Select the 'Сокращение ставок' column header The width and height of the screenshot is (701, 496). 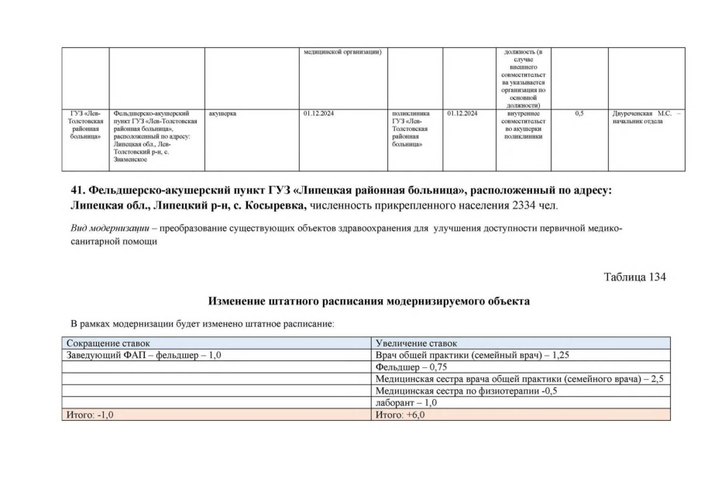pyautogui.click(x=108, y=343)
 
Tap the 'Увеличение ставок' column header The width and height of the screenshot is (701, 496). pyautogui.click(x=416, y=343)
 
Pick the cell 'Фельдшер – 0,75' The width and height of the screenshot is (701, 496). pyautogui.click(x=411, y=367)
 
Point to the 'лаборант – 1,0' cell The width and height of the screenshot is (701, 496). pyautogui.click(x=406, y=403)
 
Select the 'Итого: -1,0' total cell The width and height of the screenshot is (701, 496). pyautogui.click(x=90, y=415)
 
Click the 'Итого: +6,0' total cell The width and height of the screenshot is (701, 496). pyautogui.click(x=400, y=415)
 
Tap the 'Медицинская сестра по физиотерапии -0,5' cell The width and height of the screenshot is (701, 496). pyautogui.click(x=466, y=391)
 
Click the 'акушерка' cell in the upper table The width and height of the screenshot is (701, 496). pyautogui.click(x=222, y=114)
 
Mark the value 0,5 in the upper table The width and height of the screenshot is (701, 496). pyautogui.click(x=579, y=114)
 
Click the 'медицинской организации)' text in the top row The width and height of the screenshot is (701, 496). pyautogui.click(x=343, y=52)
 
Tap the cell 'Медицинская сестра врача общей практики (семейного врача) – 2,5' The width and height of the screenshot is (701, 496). pyautogui.click(x=519, y=379)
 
